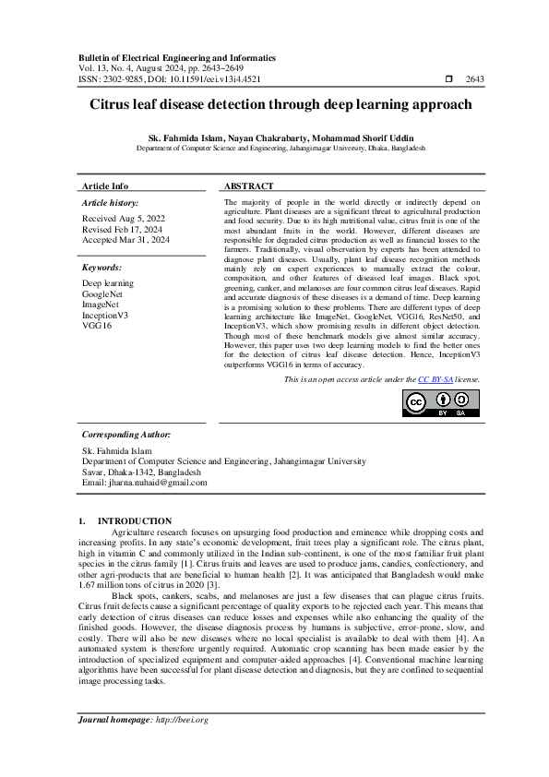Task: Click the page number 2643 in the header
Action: click(x=475, y=79)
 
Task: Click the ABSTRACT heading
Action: click(x=248, y=185)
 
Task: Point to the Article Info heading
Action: click(x=105, y=185)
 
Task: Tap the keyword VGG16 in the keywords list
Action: click(x=97, y=326)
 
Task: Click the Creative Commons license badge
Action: click(x=441, y=403)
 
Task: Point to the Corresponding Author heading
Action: click(x=126, y=434)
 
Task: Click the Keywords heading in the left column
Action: click(x=102, y=267)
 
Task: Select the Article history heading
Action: click(x=111, y=202)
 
